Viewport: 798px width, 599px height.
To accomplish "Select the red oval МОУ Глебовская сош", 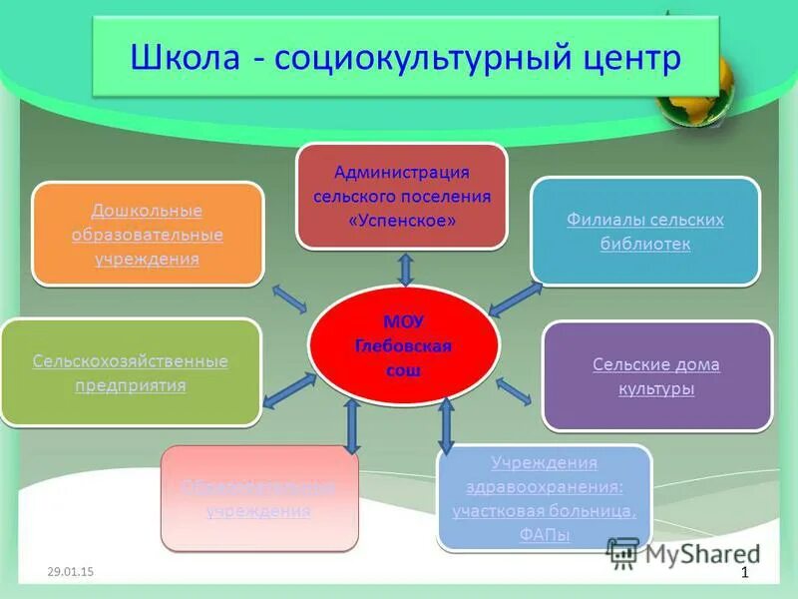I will (x=403, y=345).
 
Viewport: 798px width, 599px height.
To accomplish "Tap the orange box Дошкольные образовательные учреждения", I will (x=148, y=235).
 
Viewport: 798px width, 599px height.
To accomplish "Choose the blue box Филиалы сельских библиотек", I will (x=644, y=232).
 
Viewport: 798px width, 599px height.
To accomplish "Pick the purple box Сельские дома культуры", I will (x=656, y=376).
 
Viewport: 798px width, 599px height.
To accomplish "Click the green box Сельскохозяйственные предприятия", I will (x=131, y=372).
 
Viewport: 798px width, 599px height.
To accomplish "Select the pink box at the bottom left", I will (x=258, y=498).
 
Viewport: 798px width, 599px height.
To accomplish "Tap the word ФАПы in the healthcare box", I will (x=545, y=535).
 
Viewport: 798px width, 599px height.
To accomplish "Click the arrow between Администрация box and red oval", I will (x=405, y=270).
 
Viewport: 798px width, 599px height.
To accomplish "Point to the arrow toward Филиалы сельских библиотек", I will (x=516, y=299).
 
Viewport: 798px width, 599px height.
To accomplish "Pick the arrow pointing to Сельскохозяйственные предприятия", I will (x=289, y=390).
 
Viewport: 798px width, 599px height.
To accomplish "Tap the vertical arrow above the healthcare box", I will (x=446, y=425).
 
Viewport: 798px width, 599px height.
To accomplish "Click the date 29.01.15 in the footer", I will (x=70, y=571).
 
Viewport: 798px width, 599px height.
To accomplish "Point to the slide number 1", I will (x=744, y=572).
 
